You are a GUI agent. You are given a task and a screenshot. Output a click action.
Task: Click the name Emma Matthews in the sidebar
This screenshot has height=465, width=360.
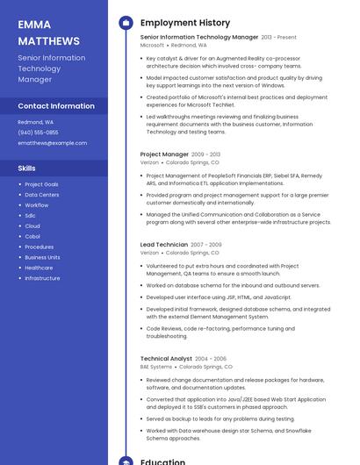[48, 32]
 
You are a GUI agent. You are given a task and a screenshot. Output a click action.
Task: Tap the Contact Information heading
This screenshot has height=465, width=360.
[56, 106]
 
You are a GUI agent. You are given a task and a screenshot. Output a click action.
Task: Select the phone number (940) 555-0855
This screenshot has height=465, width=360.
[38, 132]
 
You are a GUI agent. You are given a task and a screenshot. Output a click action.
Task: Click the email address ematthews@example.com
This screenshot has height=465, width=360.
[53, 143]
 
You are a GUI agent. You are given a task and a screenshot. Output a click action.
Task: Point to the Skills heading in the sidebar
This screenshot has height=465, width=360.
[27, 168]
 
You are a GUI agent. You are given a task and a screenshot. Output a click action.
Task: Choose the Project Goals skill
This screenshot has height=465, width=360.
[41, 184]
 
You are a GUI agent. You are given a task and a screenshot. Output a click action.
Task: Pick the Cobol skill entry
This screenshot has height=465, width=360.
[32, 237]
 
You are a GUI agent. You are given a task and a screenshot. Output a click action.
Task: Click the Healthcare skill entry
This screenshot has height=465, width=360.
[39, 268]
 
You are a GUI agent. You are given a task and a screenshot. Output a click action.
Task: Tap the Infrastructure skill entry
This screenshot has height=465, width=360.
[42, 278]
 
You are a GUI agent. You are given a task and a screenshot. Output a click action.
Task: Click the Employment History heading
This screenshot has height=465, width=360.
[185, 23]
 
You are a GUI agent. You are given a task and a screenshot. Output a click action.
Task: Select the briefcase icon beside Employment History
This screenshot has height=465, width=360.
[126, 23]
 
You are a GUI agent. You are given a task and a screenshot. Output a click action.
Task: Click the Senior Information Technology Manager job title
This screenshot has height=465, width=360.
[199, 38]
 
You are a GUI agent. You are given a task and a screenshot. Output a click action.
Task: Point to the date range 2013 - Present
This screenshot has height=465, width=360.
[279, 38]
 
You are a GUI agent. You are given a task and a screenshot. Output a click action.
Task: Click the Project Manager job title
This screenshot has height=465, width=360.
[164, 154]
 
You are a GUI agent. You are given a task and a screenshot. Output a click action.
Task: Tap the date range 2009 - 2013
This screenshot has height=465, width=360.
[206, 154]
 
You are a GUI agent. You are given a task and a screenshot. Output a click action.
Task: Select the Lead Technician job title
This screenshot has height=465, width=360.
[164, 245]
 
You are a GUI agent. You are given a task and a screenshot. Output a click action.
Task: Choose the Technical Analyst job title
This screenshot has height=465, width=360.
[166, 359]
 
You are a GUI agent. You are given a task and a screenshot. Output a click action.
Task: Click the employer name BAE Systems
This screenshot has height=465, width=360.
[156, 367]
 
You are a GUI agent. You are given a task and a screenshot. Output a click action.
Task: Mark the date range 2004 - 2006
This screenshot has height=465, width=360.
[211, 359]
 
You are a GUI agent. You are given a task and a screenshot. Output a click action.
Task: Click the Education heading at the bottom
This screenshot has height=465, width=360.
[163, 461]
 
